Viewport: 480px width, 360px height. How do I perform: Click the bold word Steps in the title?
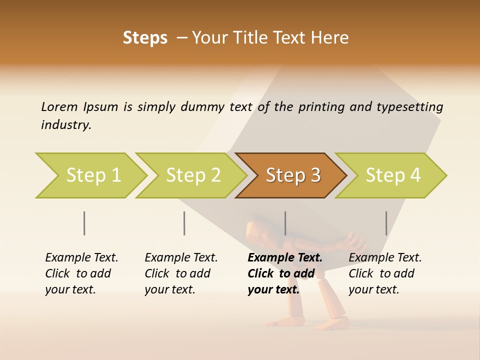[x=145, y=38]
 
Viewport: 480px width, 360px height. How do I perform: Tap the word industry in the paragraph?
[x=66, y=124]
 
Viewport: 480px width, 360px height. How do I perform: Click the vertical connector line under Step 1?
[x=84, y=223]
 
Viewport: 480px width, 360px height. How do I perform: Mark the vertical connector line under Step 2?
[x=184, y=223]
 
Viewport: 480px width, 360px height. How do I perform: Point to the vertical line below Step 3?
[x=285, y=223]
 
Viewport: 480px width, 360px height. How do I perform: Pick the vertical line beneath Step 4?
[x=386, y=223]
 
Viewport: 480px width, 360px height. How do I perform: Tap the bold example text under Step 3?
[x=284, y=273]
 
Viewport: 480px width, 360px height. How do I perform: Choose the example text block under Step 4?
[x=385, y=273]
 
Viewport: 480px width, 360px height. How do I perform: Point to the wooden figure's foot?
[x=332, y=324]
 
